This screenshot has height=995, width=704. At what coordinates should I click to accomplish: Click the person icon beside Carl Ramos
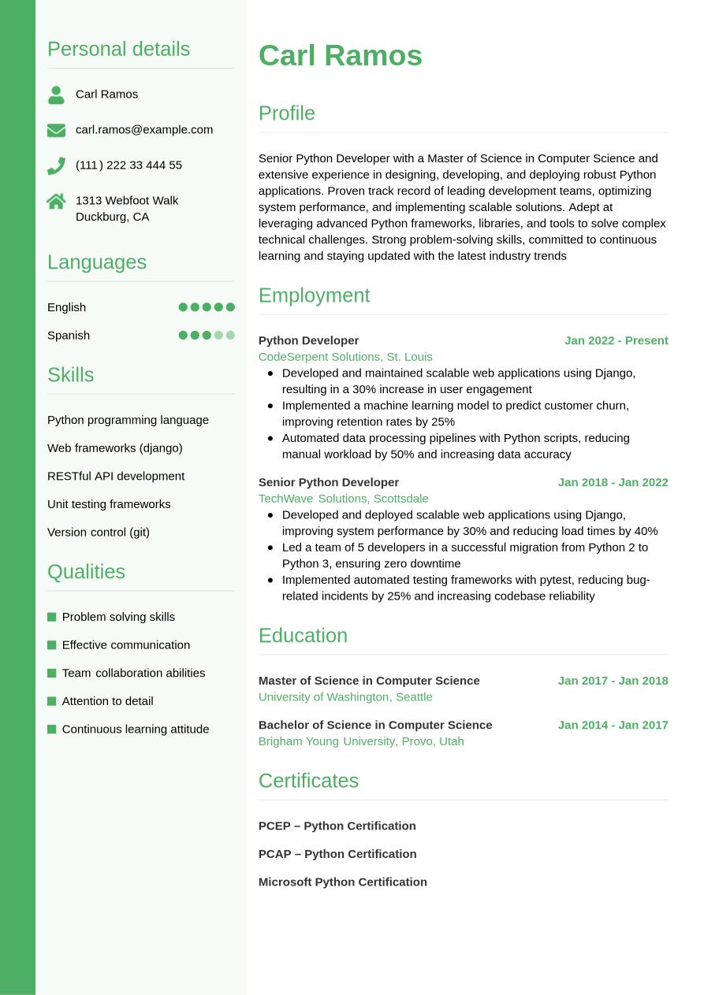[x=56, y=95]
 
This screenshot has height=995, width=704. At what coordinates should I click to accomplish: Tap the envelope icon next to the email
[x=56, y=130]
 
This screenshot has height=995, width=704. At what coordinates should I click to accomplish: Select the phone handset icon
[x=56, y=165]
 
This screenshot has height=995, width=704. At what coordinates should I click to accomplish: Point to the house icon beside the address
[x=56, y=201]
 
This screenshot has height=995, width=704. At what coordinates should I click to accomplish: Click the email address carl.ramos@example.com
[x=144, y=129]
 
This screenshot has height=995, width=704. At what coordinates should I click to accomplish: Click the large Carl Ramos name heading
[x=340, y=56]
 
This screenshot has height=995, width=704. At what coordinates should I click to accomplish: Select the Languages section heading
[x=97, y=262]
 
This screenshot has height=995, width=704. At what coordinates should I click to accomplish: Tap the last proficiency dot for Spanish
[x=230, y=335]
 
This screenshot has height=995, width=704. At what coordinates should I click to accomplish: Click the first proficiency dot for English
[x=183, y=307]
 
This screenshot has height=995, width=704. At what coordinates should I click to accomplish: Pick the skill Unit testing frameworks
[x=109, y=504]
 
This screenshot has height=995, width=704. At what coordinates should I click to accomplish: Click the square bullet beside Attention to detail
[x=52, y=701]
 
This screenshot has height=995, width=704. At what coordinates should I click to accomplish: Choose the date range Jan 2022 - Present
[x=616, y=340]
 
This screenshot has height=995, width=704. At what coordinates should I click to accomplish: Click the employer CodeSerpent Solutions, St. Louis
[x=345, y=357]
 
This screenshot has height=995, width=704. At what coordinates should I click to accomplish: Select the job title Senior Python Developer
[x=329, y=482]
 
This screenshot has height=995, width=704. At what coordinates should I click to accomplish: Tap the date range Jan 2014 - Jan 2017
[x=613, y=725]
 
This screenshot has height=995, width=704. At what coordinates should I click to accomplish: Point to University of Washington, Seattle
[x=345, y=697]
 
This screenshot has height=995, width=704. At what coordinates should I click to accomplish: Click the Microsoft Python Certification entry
[x=342, y=882]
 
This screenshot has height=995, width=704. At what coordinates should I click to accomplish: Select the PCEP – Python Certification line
[x=337, y=826]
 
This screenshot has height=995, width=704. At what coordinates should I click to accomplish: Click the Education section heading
[x=303, y=635]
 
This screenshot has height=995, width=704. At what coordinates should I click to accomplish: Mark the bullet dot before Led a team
[x=270, y=547]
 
